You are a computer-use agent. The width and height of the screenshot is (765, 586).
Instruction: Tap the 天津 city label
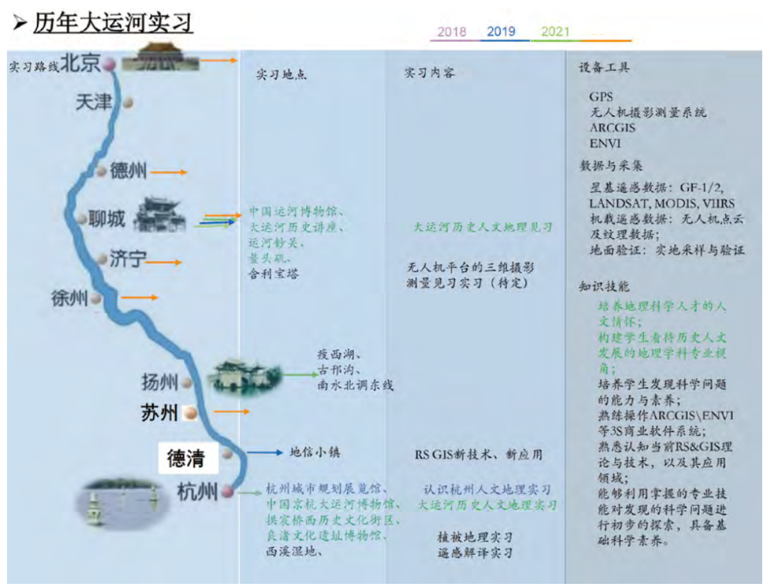tap(93, 102)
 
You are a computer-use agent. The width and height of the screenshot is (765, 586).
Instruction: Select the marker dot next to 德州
tap(101, 171)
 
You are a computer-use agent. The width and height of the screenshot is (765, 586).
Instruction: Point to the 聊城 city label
tap(106, 218)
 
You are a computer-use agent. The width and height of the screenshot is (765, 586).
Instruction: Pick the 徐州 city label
tap(69, 298)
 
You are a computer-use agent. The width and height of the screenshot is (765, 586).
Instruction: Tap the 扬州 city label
tap(159, 383)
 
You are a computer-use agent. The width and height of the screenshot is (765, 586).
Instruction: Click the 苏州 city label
tap(159, 413)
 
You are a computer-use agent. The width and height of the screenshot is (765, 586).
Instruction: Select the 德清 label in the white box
tap(186, 459)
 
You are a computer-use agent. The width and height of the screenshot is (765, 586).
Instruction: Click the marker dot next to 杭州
tap(227, 491)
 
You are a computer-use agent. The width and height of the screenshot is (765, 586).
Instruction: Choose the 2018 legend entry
tap(452, 32)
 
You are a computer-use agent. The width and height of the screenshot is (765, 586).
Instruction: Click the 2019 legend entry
tap(501, 32)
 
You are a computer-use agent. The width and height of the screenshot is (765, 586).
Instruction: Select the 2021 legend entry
tap(555, 32)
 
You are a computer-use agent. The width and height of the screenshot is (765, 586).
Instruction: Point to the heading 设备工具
tap(604, 68)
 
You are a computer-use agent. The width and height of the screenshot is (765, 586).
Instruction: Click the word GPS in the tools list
tap(601, 96)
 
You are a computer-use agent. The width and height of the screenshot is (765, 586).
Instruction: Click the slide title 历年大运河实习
tap(113, 23)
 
